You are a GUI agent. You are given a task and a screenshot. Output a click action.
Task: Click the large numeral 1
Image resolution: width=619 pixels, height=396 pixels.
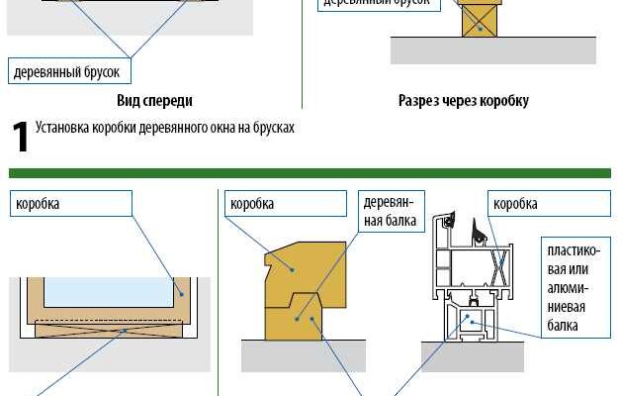tap(19, 137)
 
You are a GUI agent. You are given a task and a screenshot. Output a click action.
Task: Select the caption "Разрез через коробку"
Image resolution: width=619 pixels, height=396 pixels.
tap(463, 100)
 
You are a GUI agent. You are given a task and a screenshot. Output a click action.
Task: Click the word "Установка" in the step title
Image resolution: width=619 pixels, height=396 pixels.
tap(62, 128)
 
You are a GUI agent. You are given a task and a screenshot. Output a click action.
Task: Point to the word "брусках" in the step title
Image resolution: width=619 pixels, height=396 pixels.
tap(274, 128)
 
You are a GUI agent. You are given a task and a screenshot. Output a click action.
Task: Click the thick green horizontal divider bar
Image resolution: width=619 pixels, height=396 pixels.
tap(309, 173)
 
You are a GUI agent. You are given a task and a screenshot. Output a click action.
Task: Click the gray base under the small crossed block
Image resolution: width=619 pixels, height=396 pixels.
tap(492, 49)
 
